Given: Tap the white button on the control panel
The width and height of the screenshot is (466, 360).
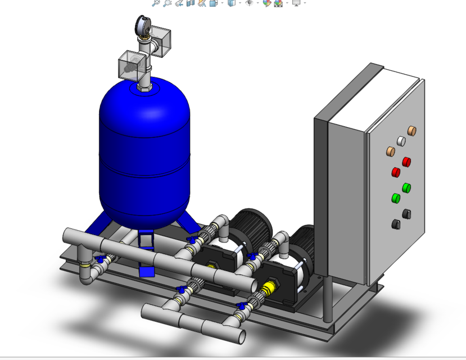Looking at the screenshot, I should [x=401, y=141].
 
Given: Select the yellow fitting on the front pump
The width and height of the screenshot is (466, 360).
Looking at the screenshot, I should [x=269, y=288].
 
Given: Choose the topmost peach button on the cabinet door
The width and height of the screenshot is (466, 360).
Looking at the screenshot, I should [x=411, y=131].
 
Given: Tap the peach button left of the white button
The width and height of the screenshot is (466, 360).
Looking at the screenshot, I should [x=391, y=151].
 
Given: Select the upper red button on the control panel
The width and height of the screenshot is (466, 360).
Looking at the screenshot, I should [x=405, y=162].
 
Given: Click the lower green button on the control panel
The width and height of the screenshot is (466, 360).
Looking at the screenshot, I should [x=396, y=197].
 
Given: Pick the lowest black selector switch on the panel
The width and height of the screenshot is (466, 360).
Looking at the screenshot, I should [x=396, y=224].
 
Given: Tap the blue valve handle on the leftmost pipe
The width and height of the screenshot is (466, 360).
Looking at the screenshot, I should [x=101, y=260].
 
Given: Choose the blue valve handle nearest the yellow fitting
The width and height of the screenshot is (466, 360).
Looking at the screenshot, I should [x=243, y=307].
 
